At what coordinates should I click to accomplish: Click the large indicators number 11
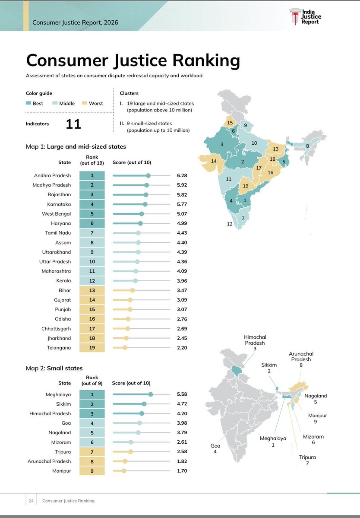tap(73, 124)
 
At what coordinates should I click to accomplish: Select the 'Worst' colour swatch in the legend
tap(85, 104)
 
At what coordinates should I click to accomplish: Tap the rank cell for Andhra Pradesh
tap(92, 175)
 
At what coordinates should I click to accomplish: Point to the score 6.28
tap(182, 175)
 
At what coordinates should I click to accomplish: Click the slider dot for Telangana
tap(125, 348)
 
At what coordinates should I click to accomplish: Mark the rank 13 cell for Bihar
tap(92, 290)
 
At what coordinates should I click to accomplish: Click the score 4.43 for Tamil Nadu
tap(182, 233)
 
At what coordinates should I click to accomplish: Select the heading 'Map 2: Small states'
tap(54, 368)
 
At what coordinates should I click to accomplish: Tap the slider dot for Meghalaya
tap(150, 394)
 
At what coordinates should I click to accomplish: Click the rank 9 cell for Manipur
tap(92, 471)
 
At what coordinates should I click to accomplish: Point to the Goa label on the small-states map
tap(215, 448)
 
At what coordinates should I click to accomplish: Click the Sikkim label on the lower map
tap(269, 368)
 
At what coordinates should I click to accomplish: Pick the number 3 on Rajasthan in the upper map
tap(222, 144)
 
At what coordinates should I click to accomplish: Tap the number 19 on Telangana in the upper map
tap(246, 186)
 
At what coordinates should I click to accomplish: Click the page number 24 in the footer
tap(31, 501)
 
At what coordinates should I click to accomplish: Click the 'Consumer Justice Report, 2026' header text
tap(75, 22)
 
